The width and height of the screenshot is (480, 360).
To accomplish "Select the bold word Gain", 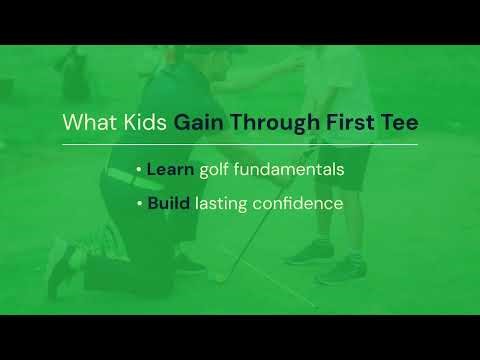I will (x=199, y=122).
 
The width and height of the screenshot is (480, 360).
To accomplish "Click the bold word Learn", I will (x=170, y=169).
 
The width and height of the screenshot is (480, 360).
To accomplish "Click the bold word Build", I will (x=169, y=203).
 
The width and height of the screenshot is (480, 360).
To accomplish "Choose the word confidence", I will (x=299, y=203).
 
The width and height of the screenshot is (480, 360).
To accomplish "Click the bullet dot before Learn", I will (x=138, y=170).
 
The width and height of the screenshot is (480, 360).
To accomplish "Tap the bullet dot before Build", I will (x=138, y=204).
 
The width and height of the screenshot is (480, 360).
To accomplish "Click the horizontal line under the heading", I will (x=240, y=144).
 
